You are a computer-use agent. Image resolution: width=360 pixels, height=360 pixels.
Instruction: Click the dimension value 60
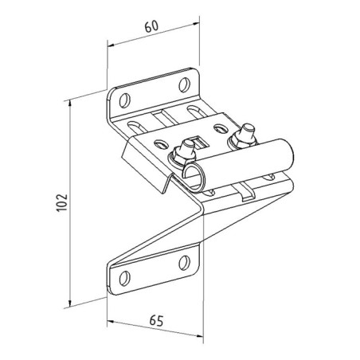(x=151, y=26)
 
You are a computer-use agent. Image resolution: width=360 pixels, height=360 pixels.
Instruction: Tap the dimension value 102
(x=62, y=203)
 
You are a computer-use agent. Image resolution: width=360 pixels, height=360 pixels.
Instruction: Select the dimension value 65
(x=156, y=321)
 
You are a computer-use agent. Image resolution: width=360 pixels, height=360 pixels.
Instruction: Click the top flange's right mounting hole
(x=184, y=84)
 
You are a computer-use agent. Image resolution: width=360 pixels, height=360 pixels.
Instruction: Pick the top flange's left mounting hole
(x=124, y=100)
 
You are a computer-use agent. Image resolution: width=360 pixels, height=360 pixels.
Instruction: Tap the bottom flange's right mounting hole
(x=184, y=263)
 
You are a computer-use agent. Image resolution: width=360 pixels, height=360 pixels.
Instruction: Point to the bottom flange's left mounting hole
(x=124, y=279)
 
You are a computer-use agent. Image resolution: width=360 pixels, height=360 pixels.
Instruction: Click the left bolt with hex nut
(x=184, y=154)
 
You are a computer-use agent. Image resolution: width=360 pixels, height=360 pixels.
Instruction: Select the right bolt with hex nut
(x=244, y=136)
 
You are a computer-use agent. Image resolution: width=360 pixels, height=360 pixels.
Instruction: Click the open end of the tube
(x=195, y=176)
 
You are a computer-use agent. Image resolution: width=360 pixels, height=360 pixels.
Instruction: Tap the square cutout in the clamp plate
(x=201, y=143)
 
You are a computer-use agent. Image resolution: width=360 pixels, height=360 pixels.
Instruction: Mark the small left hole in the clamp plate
(x=161, y=144)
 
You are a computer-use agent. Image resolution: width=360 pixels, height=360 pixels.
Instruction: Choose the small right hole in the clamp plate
(x=221, y=128)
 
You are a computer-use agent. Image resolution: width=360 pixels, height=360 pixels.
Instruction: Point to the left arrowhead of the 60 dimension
(x=111, y=45)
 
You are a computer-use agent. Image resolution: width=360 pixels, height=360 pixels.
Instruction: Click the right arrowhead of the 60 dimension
(x=195, y=24)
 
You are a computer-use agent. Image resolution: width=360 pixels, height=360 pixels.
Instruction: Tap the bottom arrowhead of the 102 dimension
(x=70, y=303)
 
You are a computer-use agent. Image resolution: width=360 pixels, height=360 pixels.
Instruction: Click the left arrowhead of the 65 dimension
(x=111, y=322)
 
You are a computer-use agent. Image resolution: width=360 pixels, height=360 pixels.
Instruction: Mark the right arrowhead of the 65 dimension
(x=199, y=335)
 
